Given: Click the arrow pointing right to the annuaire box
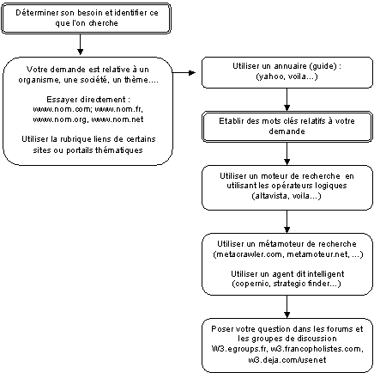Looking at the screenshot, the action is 184,73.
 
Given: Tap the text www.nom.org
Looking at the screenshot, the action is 59,119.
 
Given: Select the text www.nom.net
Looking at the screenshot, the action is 118,119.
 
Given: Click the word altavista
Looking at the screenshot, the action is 271,196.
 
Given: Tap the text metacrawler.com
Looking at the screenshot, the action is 249,254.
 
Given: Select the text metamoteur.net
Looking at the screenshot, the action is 318,254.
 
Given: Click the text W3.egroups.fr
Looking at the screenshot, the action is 238,349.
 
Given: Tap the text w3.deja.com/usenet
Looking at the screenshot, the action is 287,360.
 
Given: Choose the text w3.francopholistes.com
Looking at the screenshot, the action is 317,349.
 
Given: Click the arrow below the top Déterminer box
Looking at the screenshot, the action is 81,45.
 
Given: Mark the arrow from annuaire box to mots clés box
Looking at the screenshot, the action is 287,100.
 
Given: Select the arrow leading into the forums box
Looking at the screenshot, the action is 287,307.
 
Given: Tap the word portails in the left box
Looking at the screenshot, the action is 80,150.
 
